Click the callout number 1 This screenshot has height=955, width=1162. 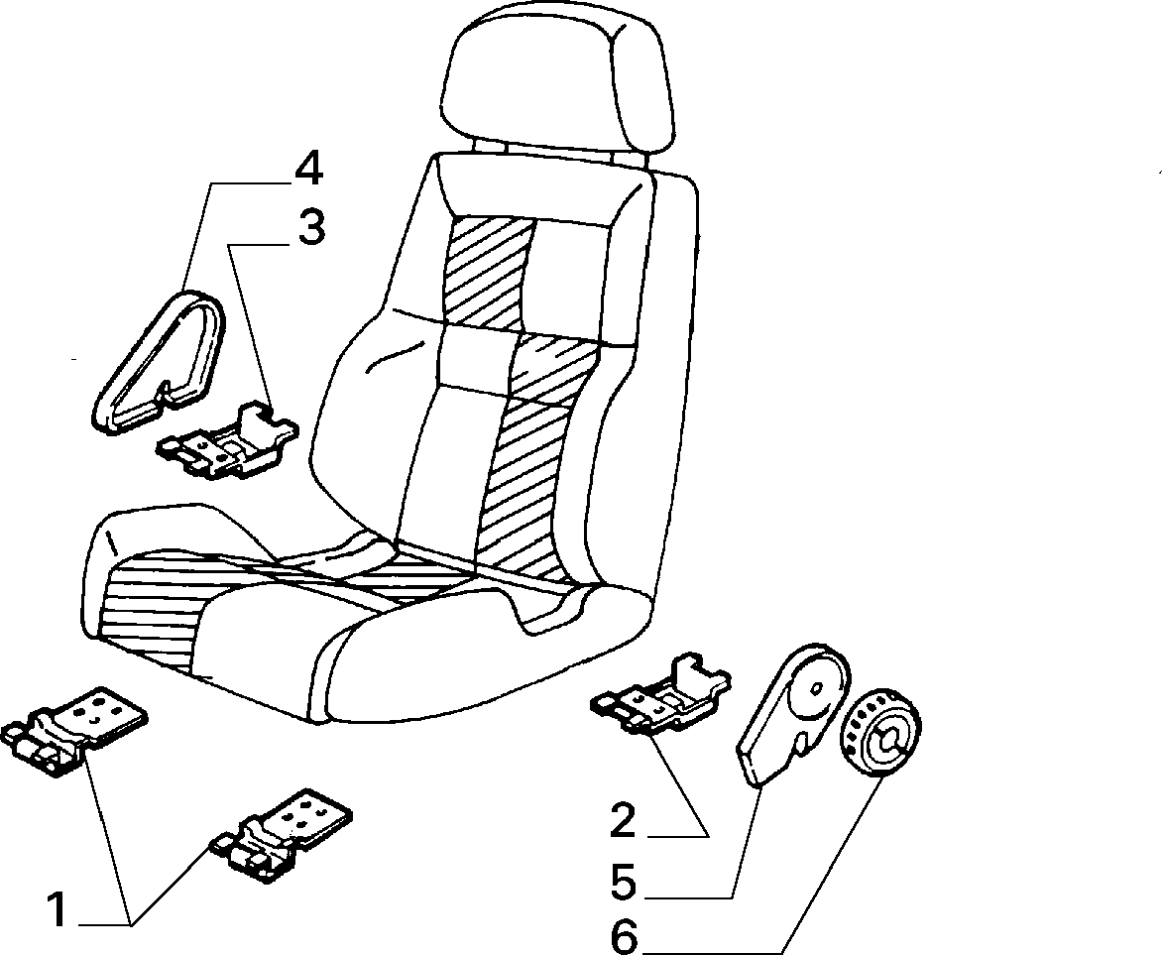tap(57, 909)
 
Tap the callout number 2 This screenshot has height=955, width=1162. tap(624, 821)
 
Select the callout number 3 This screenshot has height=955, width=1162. tap(312, 228)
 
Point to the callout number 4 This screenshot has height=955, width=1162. tap(309, 171)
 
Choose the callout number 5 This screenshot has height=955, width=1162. tap(624, 883)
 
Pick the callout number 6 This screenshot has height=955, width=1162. tap(624, 937)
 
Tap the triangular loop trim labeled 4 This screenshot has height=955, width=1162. tap(160, 361)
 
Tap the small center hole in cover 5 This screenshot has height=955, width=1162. tap(816, 687)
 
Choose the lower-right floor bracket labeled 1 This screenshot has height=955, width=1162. tap(282, 835)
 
